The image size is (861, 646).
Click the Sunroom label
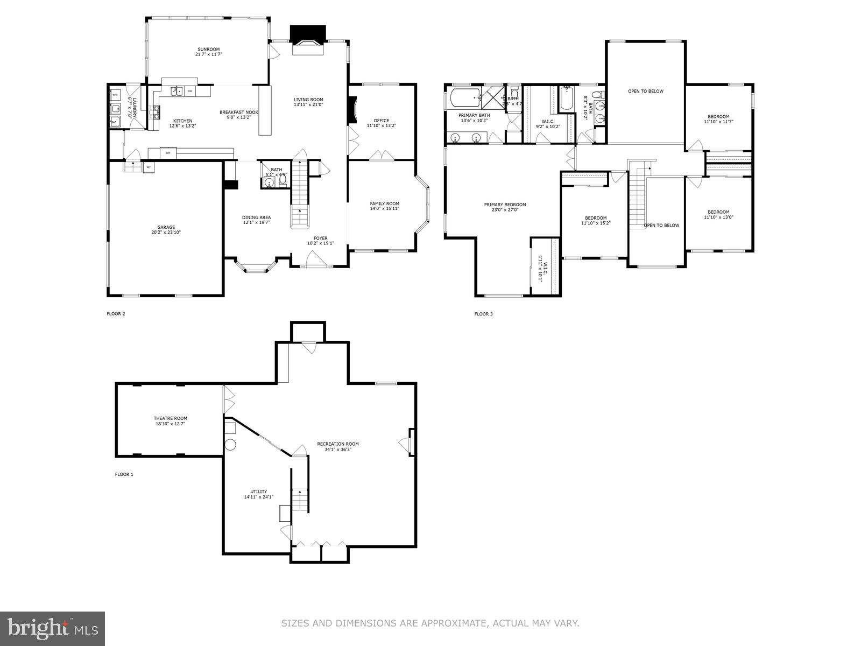tap(208, 50)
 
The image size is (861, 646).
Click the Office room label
tap(381, 121)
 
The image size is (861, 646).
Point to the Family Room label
tap(384, 203)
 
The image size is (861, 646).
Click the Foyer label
tap(320, 238)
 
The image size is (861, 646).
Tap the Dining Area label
tap(256, 217)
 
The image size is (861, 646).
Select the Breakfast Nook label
tap(239, 112)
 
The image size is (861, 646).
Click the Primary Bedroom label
tap(505, 205)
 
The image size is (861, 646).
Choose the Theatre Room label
tap(170, 418)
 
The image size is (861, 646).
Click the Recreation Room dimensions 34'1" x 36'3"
tap(338, 450)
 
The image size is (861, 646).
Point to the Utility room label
tap(258, 491)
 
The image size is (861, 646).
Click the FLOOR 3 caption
tap(483, 314)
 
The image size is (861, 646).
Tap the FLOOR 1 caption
tap(124, 474)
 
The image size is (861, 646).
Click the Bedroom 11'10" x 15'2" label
tap(596, 218)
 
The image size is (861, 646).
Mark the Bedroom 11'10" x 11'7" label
tap(718, 117)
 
